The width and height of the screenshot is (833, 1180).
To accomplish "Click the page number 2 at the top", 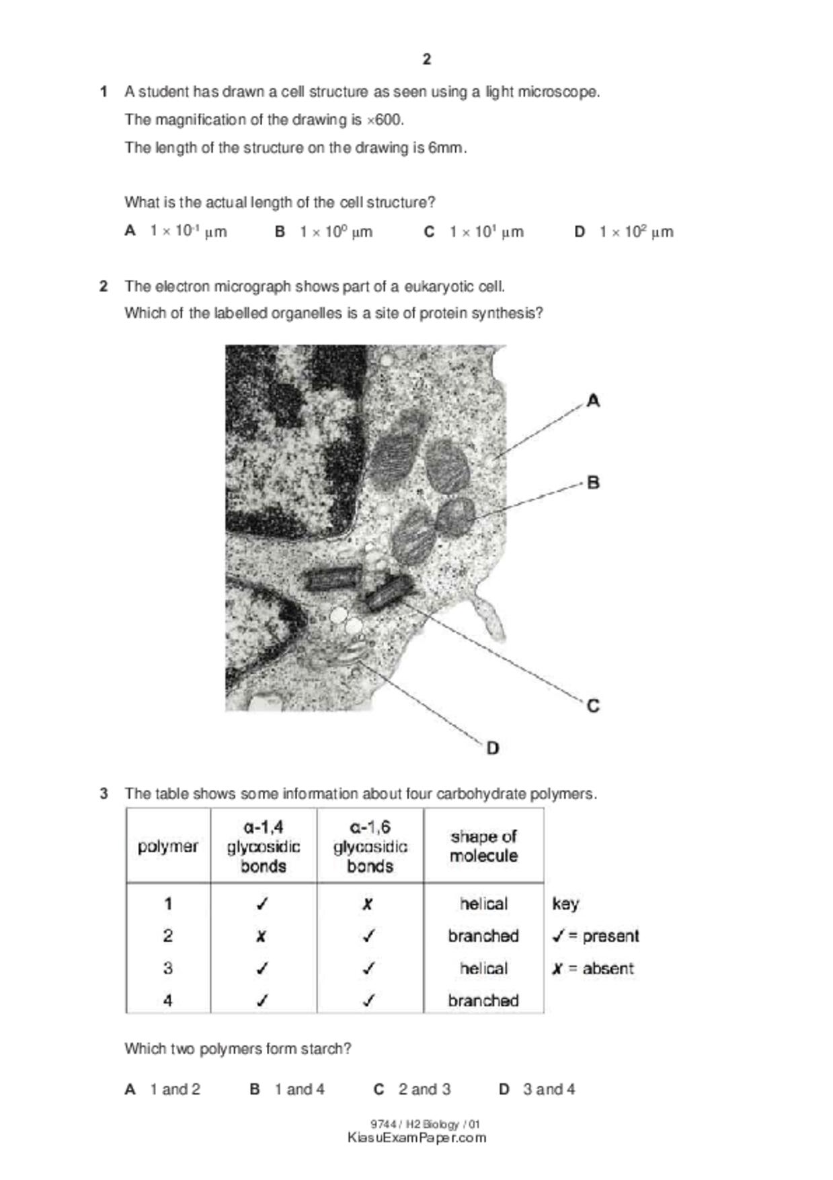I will pyautogui.click(x=427, y=59).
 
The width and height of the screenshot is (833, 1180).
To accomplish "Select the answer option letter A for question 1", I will pyautogui.click(x=130, y=231).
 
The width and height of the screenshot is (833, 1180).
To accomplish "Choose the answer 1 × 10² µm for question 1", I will pyautogui.click(x=635, y=231).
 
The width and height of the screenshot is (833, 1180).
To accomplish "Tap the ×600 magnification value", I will pyautogui.click(x=385, y=120).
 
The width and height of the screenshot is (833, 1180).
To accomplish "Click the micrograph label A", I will pyautogui.click(x=593, y=401).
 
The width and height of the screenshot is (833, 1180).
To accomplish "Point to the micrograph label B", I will pyautogui.click(x=593, y=482).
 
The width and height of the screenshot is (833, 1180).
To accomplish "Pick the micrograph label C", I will pyautogui.click(x=593, y=706).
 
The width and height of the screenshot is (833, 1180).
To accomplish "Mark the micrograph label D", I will pyautogui.click(x=493, y=748).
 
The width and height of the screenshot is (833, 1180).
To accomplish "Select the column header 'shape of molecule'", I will pyautogui.click(x=483, y=846).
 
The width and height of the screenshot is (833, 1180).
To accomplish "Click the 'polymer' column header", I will pyautogui.click(x=168, y=846).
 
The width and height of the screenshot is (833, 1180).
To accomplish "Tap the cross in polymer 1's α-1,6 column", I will pyautogui.click(x=368, y=904).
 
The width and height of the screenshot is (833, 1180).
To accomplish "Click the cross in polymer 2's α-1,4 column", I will pyautogui.click(x=262, y=936).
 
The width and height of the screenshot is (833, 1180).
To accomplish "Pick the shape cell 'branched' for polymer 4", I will pyautogui.click(x=483, y=1000).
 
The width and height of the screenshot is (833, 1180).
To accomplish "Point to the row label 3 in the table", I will pyautogui.click(x=168, y=968).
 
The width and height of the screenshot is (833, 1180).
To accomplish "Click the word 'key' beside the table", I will pyautogui.click(x=565, y=904).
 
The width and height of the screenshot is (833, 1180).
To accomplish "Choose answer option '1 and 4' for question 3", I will pyautogui.click(x=299, y=1089).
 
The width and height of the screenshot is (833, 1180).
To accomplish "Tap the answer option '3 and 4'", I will pyautogui.click(x=549, y=1089).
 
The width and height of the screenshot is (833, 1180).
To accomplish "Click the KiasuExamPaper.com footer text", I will pyautogui.click(x=417, y=1138).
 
